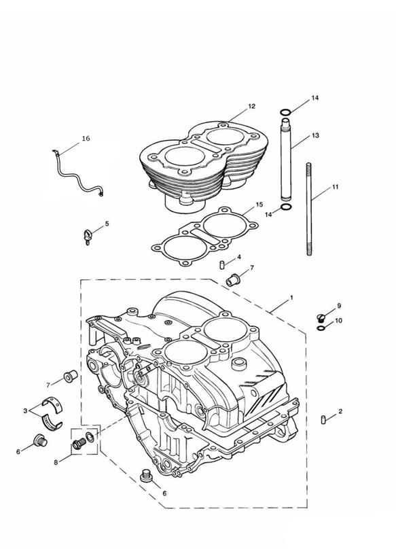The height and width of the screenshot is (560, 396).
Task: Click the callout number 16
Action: pyautogui.click(x=86, y=139)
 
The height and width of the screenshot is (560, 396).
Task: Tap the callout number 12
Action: pyautogui.click(x=252, y=106)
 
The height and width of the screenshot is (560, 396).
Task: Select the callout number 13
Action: pyautogui.click(x=315, y=135)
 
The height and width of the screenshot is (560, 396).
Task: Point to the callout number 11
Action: pyautogui.click(x=335, y=187)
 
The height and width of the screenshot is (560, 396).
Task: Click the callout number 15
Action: pyautogui.click(x=259, y=205)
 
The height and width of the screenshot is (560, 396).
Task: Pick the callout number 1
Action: pyautogui.click(x=291, y=298)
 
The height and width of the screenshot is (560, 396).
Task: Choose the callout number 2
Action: pyautogui.click(x=340, y=411)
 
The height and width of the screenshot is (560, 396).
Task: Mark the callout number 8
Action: pyautogui.click(x=56, y=463)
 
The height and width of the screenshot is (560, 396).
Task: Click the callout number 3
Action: pyautogui.click(x=25, y=411)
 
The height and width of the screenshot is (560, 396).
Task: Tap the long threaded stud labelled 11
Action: pyautogui.click(x=309, y=209)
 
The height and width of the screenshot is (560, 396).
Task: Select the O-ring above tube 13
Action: pyautogui.click(x=285, y=113)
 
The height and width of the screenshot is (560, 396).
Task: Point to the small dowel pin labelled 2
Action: pyautogui.click(x=323, y=419)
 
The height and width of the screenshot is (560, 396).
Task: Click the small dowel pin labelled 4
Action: pyautogui.click(x=221, y=265)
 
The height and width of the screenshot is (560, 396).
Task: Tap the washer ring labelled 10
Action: pyautogui.click(x=321, y=328)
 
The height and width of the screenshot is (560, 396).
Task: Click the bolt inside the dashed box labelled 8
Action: pyautogui.click(x=78, y=444)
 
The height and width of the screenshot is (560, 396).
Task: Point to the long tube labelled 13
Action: pyautogui.click(x=286, y=160)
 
